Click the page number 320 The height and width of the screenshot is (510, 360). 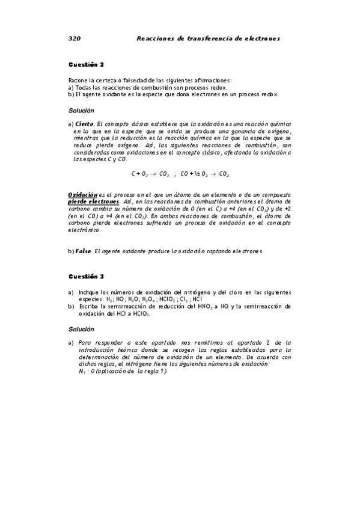tap(75, 38)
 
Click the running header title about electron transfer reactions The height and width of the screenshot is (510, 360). tap(209, 38)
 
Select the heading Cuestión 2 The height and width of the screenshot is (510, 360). tap(86, 64)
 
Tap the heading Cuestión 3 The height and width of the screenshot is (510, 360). tap(86, 276)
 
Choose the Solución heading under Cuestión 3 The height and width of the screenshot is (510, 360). tap(81, 329)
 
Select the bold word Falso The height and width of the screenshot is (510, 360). tap(84, 251)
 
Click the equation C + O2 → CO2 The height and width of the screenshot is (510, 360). tap(150, 174)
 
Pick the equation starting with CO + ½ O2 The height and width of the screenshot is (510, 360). tap(204, 174)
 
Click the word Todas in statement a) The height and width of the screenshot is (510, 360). tap(83, 87)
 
